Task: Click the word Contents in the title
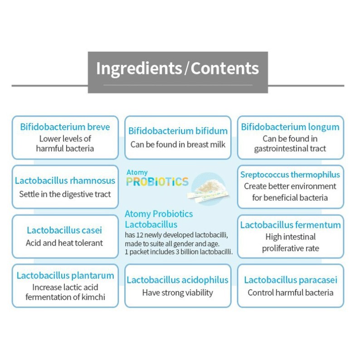coord(224,68)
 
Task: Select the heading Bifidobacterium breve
coord(65,127)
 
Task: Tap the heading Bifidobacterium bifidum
coord(178,131)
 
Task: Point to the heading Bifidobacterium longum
coord(290,127)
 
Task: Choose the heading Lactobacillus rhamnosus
coord(65,181)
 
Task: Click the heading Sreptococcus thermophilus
coord(290,175)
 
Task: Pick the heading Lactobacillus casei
coord(64,231)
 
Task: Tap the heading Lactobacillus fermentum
coord(290,225)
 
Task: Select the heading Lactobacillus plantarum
coord(65,275)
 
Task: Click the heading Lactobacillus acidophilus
coord(178,280)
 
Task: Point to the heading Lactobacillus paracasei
coord(291,280)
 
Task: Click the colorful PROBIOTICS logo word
coord(157,182)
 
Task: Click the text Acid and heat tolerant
coord(64,243)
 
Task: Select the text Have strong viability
coord(178,292)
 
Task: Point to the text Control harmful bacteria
coord(291,292)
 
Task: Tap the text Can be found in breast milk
coord(178,145)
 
